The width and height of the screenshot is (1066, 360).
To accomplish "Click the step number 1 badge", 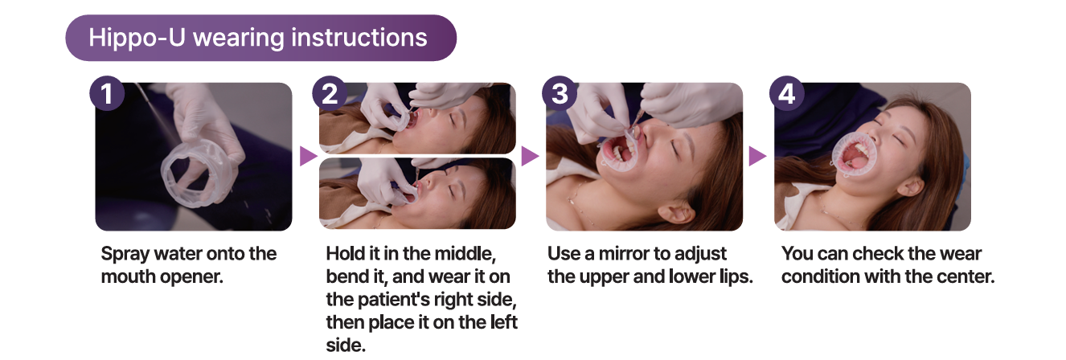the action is (107, 93).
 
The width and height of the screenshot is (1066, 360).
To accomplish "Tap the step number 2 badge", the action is (330, 93).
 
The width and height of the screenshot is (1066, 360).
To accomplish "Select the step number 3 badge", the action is (560, 93).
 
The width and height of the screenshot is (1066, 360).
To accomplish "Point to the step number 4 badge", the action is (787, 93).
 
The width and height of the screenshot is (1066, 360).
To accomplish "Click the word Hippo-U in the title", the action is (137, 38).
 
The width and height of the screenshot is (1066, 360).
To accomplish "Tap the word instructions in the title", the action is (359, 37).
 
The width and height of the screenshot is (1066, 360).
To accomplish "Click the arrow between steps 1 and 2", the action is (309, 156).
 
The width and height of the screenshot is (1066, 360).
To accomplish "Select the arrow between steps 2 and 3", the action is (530, 156).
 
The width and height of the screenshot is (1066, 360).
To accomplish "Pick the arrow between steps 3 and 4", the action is (757, 156).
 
